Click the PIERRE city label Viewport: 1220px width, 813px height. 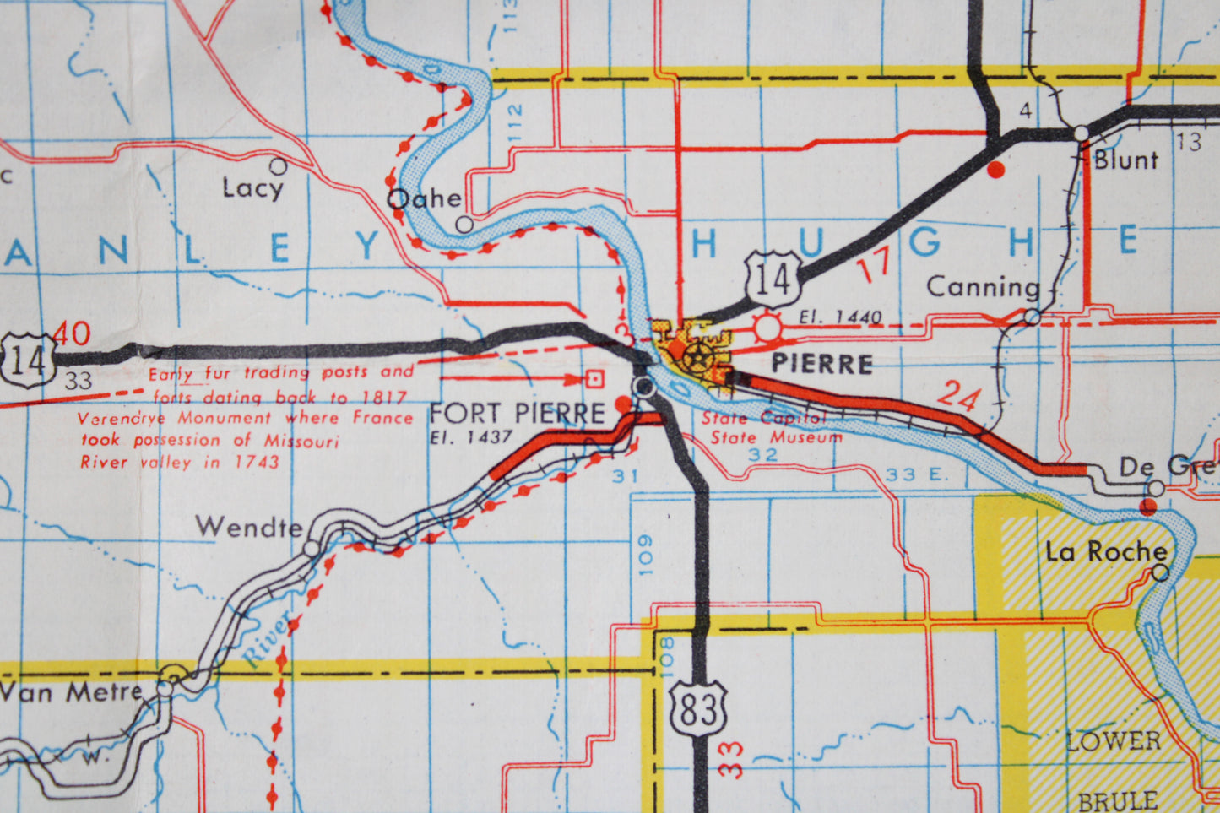(x=821, y=364)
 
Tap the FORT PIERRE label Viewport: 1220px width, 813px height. (x=517, y=413)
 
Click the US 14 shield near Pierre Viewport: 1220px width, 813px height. (x=773, y=279)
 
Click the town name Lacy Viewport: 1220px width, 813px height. (x=252, y=187)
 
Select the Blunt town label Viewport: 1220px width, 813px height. (x=1125, y=160)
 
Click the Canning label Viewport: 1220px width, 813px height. (x=983, y=287)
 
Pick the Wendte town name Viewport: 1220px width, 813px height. (x=249, y=528)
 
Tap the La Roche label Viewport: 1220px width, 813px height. (x=1105, y=552)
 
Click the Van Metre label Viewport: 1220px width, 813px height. (x=71, y=692)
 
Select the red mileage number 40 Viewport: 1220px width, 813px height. (x=72, y=334)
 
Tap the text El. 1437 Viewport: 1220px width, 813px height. (x=470, y=437)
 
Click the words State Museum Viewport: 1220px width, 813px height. (x=775, y=437)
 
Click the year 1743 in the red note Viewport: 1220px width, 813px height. (x=257, y=462)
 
